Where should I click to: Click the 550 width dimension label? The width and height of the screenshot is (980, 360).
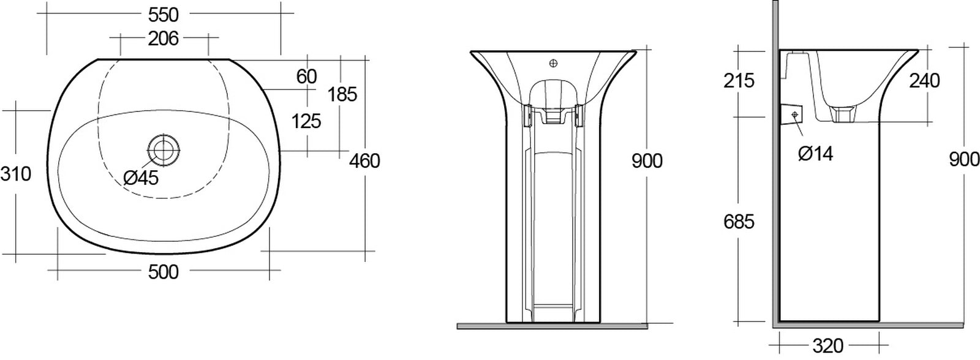coord(164,15)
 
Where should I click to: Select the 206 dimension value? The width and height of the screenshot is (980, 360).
coord(163,39)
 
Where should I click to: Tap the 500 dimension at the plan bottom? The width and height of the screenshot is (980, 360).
coord(164,272)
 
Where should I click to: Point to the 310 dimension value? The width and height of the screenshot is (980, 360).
coord(16,174)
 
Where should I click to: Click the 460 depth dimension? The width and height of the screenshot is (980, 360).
coord(364,161)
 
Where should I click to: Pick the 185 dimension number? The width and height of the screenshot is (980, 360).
coord(342,94)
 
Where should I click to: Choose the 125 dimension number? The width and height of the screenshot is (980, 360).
coord(306,121)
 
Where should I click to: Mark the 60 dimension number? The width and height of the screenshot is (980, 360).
coord(306,77)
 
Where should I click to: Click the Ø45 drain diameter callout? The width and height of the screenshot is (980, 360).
coord(141,178)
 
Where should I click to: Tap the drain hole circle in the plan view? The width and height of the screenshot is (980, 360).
coord(164,150)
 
